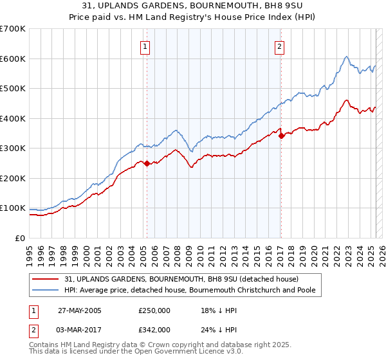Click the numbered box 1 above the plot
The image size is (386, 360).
tap(145, 46)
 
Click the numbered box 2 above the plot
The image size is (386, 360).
tap(280, 46)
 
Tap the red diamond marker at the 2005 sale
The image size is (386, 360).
tap(147, 163)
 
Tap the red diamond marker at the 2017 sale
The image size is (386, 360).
tap(281, 136)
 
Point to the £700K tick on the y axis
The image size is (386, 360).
tap(13, 29)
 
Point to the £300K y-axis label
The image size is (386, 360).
tap(13, 148)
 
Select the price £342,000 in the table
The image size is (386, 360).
tap(154, 329)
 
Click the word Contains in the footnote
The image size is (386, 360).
tap(44, 346)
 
